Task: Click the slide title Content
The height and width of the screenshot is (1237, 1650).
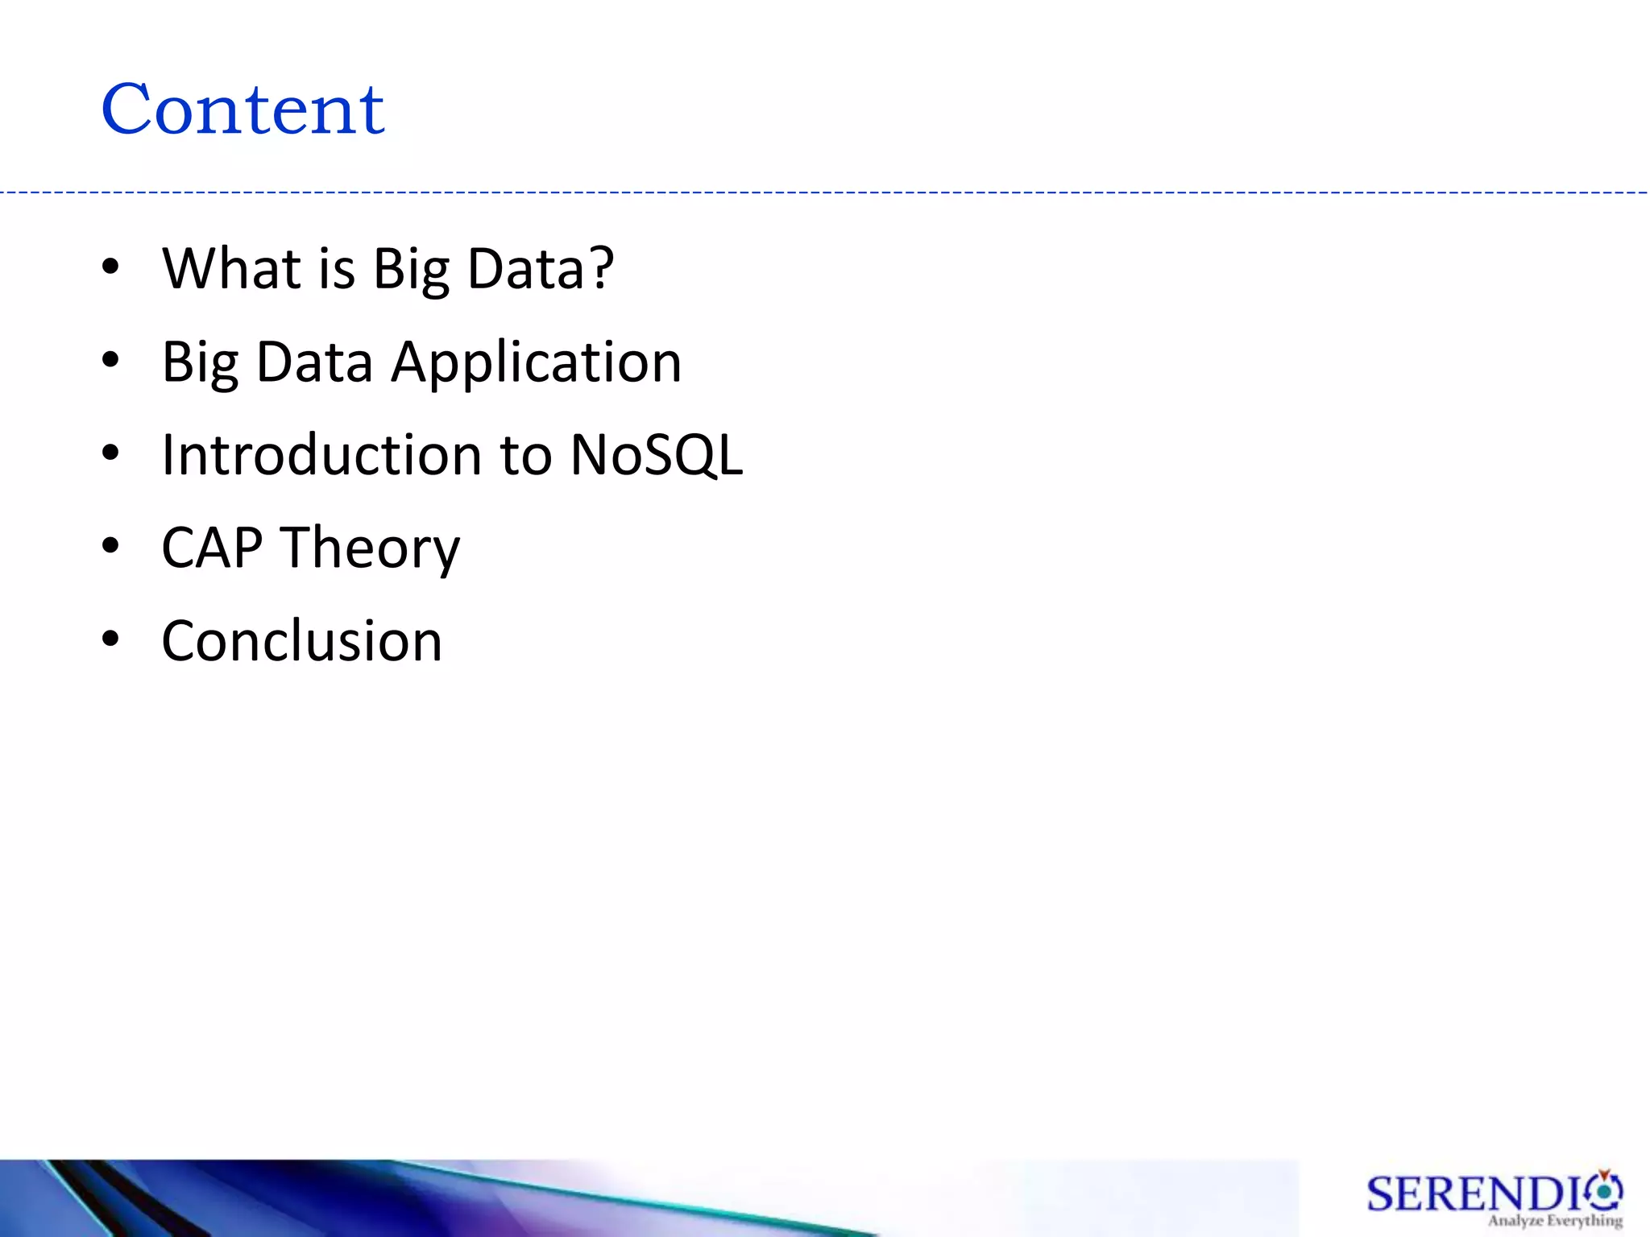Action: [243, 110]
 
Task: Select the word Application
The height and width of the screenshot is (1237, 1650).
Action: [536, 362]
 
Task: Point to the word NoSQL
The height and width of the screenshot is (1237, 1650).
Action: [656, 455]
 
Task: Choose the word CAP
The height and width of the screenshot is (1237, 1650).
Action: [212, 548]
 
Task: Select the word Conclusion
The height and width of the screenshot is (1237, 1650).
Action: [301, 641]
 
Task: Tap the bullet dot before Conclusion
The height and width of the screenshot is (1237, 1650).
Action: [110, 640]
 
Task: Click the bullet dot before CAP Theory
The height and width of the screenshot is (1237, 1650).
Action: [110, 547]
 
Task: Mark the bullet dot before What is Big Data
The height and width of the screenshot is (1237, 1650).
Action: [110, 267]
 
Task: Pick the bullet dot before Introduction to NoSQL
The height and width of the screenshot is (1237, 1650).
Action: [110, 453]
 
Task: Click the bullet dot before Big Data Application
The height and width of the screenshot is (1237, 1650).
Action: [110, 361]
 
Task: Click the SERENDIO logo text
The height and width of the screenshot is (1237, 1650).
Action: [1474, 1194]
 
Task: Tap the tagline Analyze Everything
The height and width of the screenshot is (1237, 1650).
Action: [1555, 1221]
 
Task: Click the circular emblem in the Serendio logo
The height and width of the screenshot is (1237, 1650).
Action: [1605, 1189]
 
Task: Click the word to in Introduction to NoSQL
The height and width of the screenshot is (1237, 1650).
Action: [525, 456]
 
